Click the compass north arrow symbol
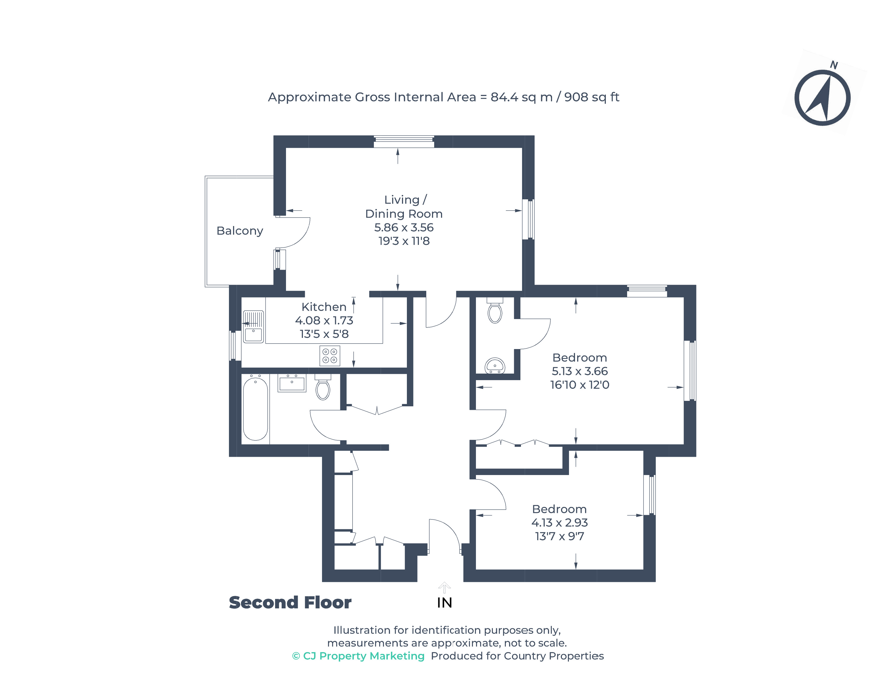(x=822, y=98)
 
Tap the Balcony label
(x=240, y=231)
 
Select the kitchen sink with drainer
(x=253, y=326)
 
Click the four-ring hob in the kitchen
(x=329, y=356)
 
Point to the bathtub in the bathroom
(x=255, y=408)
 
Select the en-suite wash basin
(x=495, y=365)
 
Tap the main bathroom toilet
(x=323, y=388)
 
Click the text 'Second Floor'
(x=290, y=602)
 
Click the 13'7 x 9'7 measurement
(x=559, y=536)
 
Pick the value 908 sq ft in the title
(x=591, y=97)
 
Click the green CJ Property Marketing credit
(x=358, y=656)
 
